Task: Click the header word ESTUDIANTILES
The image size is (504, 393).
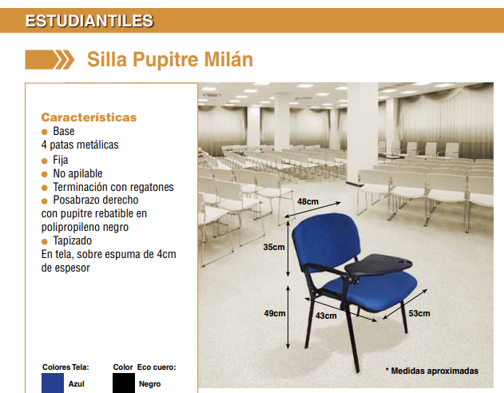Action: (x=89, y=21)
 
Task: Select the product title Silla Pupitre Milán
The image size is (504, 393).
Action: (x=170, y=59)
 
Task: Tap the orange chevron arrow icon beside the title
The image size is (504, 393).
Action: (x=50, y=60)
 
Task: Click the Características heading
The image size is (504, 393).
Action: (x=89, y=117)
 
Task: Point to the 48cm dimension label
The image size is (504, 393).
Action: (x=308, y=201)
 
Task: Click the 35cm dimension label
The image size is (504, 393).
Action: (x=274, y=247)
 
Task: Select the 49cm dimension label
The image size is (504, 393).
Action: (x=275, y=313)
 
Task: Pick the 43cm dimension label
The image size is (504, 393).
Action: (x=326, y=316)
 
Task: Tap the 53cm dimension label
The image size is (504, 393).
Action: (x=419, y=313)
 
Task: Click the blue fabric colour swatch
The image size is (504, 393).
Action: (x=53, y=383)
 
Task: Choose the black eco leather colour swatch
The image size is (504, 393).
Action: (x=124, y=383)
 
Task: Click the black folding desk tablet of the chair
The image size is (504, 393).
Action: (x=379, y=264)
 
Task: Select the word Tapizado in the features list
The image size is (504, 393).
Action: (x=73, y=240)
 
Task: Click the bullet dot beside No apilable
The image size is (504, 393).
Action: (x=45, y=174)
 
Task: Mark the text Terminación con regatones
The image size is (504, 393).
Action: (x=113, y=187)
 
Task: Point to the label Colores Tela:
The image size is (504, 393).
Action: (x=65, y=367)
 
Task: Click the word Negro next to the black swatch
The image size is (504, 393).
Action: (x=150, y=384)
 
